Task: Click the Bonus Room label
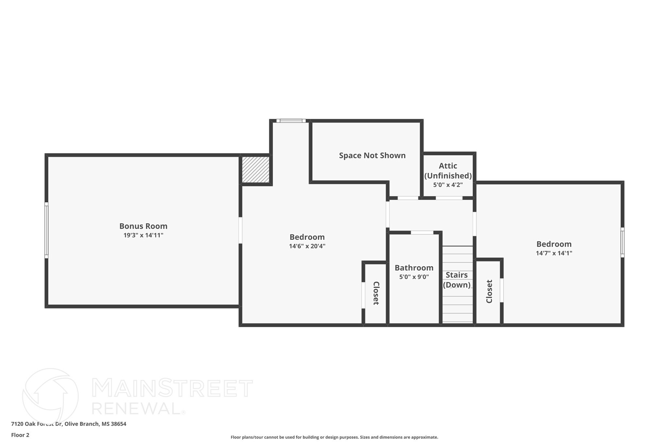(x=143, y=226)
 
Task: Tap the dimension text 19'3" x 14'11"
(x=143, y=235)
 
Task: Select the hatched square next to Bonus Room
(x=255, y=170)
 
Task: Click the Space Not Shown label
(x=372, y=156)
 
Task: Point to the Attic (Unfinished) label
(x=448, y=171)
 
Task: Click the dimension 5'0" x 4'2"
(x=448, y=185)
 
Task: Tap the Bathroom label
(x=414, y=268)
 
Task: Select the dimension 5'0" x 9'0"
(x=414, y=277)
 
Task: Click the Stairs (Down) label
(x=457, y=280)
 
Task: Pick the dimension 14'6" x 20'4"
(x=307, y=246)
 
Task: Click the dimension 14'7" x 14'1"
(x=554, y=253)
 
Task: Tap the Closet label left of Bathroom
(x=376, y=293)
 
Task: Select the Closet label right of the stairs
(x=489, y=291)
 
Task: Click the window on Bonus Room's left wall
(x=46, y=230)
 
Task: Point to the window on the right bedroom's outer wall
(x=622, y=242)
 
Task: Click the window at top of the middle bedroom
(x=291, y=121)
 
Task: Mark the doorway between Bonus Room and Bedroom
(x=240, y=230)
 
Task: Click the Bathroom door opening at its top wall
(x=422, y=233)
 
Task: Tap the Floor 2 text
(x=20, y=435)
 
